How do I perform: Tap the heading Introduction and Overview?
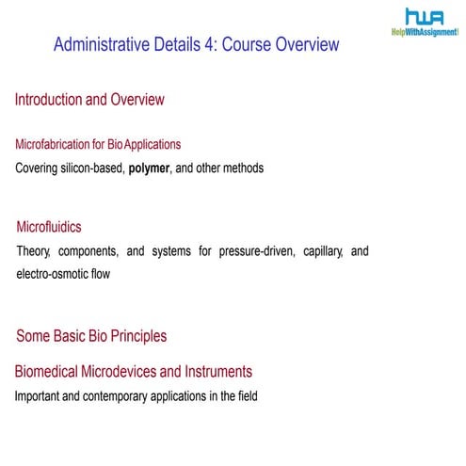[x=89, y=99]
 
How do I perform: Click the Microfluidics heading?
[x=49, y=227]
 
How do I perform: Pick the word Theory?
[x=37, y=251]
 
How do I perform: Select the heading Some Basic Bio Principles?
[x=91, y=335]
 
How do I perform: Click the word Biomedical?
[x=47, y=371]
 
